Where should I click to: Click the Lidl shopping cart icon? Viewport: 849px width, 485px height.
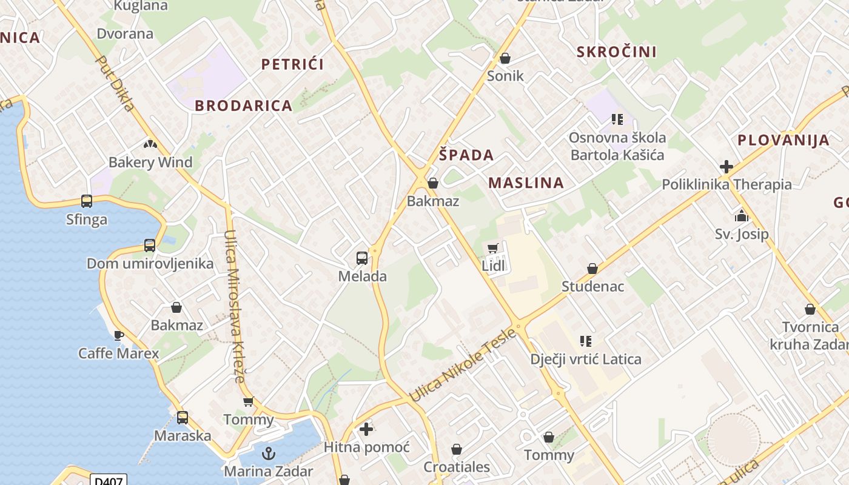click(492, 248)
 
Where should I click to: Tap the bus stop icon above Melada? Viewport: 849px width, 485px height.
click(362, 258)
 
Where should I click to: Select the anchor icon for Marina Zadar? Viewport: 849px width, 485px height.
click(268, 453)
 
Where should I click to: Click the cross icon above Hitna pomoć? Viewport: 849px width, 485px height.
click(366, 429)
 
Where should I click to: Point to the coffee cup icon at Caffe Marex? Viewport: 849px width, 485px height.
click(119, 335)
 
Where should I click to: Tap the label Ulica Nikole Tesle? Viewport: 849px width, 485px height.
click(463, 364)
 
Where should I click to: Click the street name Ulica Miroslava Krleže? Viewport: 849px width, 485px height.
click(234, 306)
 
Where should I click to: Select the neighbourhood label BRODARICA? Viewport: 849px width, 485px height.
click(244, 105)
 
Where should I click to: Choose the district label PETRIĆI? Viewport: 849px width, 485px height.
click(292, 64)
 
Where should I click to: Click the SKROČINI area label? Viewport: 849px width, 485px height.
click(617, 52)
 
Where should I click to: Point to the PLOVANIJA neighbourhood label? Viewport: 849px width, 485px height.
click(784, 140)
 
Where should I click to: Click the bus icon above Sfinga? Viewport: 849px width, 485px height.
click(87, 201)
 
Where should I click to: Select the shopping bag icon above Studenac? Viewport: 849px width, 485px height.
click(592, 269)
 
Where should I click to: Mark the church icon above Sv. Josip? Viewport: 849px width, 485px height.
click(741, 215)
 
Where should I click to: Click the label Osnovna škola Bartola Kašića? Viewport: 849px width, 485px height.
click(617, 146)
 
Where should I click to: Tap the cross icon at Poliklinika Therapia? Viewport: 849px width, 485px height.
click(727, 167)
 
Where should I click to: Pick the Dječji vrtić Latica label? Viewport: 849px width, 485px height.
click(586, 359)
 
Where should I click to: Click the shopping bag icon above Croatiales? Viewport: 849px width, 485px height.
click(457, 449)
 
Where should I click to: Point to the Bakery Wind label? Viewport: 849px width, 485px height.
click(150, 162)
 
